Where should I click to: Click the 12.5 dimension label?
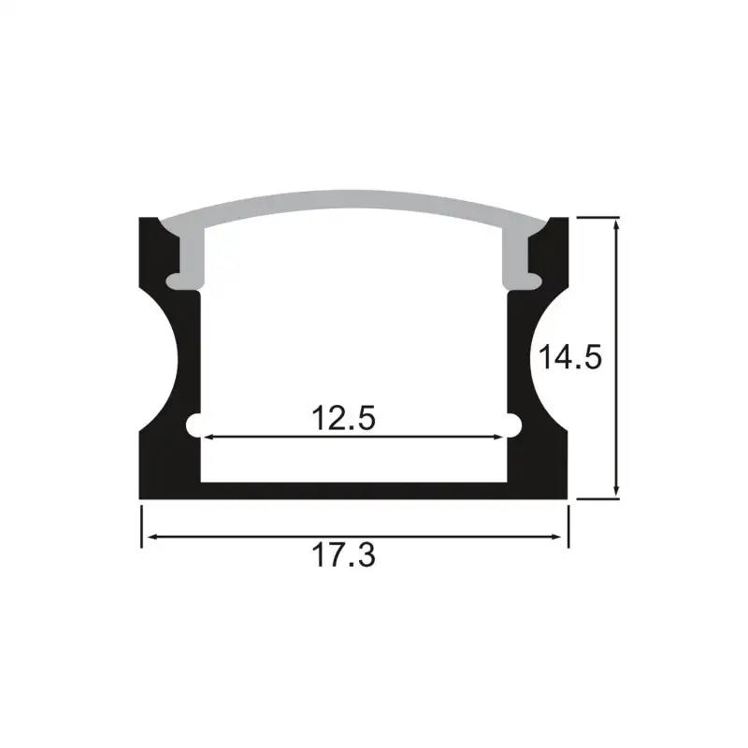point(344,417)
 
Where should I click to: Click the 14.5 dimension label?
point(568,358)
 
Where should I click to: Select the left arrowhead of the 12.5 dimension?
point(209,437)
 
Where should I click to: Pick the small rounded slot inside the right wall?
point(512,424)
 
